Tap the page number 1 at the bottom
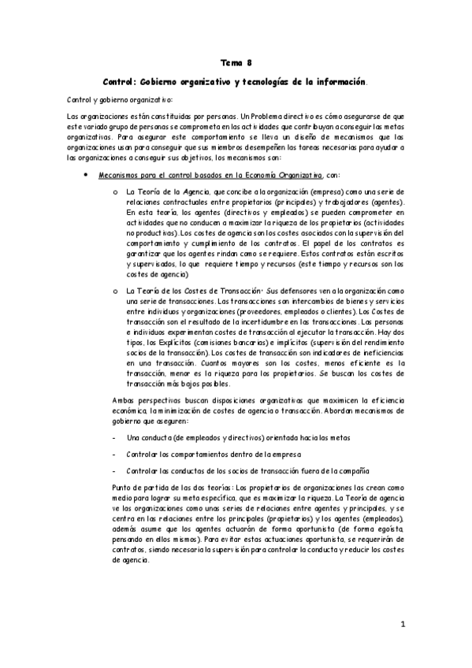point(402,625)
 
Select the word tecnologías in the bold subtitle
point(273,81)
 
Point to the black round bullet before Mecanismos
point(85,173)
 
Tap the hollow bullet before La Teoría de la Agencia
point(115,191)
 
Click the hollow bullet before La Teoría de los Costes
point(115,291)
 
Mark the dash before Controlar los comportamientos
point(115,455)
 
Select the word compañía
point(352,471)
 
